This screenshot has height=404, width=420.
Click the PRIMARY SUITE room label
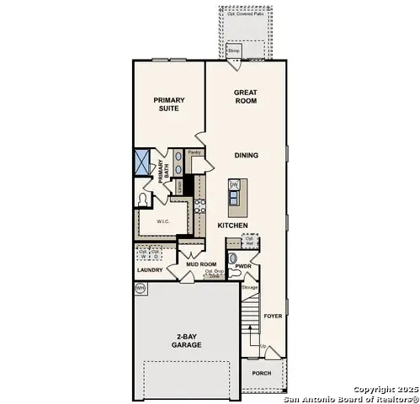(168, 105)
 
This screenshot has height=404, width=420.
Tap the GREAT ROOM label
(246, 95)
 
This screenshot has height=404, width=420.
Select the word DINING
(246, 155)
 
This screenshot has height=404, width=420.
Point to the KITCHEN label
(232, 226)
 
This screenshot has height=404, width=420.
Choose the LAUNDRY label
(150, 271)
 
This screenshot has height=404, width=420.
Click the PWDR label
(244, 266)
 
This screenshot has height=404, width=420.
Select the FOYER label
(273, 316)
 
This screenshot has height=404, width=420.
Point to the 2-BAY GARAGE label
(188, 340)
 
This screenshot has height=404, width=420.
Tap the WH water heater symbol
(141, 288)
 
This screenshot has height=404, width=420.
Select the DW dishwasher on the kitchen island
(234, 183)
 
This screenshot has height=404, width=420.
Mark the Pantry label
(194, 153)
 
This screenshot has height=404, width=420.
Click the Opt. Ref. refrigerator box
(250, 242)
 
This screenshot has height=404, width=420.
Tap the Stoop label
(234, 51)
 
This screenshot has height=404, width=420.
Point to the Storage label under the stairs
(249, 288)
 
